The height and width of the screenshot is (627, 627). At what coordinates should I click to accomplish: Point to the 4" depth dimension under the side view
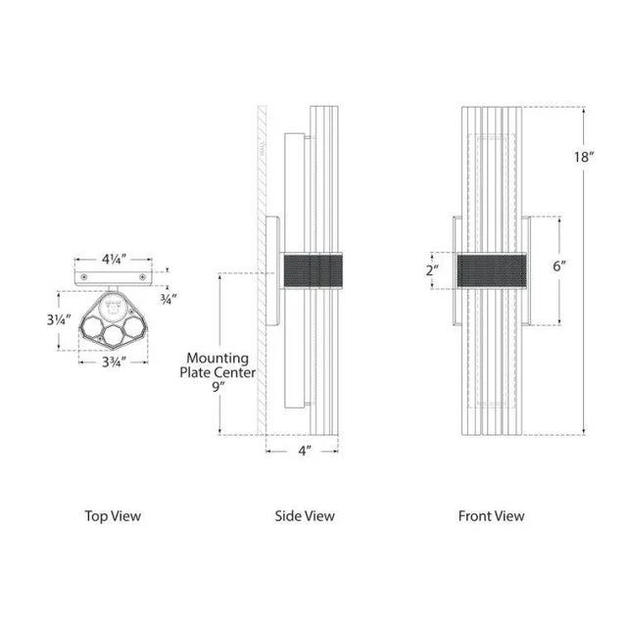click(x=304, y=452)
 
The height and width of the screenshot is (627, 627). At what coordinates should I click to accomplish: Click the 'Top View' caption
click(x=112, y=515)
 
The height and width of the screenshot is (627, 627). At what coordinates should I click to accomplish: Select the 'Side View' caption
click(x=304, y=515)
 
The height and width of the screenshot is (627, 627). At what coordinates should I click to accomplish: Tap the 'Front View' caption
click(x=491, y=515)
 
